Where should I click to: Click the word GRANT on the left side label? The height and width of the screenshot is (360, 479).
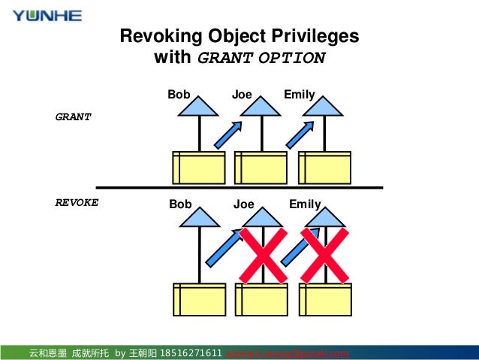pyautogui.click(x=74, y=117)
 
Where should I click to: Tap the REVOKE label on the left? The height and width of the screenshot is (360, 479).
pyautogui.click(x=77, y=203)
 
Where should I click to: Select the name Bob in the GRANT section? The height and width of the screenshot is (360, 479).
pyautogui.click(x=179, y=95)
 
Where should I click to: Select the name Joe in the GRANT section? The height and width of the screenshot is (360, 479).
pyautogui.click(x=242, y=95)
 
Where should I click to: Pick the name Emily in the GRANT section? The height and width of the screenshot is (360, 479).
pyautogui.click(x=299, y=95)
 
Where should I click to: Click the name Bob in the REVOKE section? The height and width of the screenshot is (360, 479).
pyautogui.click(x=180, y=204)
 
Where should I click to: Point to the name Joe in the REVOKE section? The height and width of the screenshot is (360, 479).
pyautogui.click(x=243, y=204)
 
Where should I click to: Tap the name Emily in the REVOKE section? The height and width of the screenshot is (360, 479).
pyautogui.click(x=305, y=204)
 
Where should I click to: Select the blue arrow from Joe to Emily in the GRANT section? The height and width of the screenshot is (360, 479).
pyautogui.click(x=300, y=134)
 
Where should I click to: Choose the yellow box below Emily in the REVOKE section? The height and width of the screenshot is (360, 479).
pyautogui.click(x=325, y=298)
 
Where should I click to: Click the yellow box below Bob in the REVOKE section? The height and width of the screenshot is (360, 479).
pyautogui.click(x=199, y=298)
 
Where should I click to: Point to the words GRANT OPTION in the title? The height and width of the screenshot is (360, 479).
pyautogui.click(x=261, y=59)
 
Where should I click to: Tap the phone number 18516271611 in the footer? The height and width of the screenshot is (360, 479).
pyautogui.click(x=191, y=353)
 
